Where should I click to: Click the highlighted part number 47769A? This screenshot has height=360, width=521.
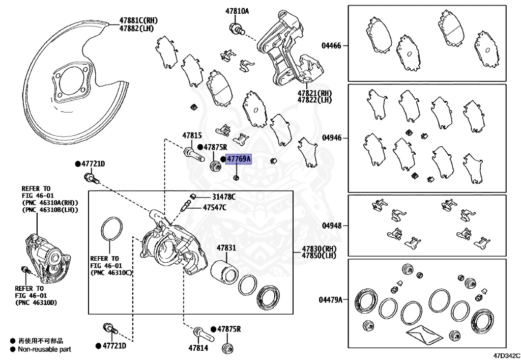coord(239,159)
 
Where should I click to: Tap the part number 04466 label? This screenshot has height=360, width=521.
coord(331,45)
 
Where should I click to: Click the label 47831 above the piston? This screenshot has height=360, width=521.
coord(226,247)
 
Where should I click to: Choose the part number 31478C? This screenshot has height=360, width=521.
coord(224,197)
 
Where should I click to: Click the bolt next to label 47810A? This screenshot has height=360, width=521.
coord(237,29)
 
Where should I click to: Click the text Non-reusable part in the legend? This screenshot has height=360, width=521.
coord(45,349)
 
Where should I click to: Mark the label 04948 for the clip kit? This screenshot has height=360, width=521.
coord(331,225)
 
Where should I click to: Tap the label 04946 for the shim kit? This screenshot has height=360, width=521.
coord(331,138)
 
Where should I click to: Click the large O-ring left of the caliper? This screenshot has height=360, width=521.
coord(111,229)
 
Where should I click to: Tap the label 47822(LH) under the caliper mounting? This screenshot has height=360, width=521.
coord(314,100)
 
